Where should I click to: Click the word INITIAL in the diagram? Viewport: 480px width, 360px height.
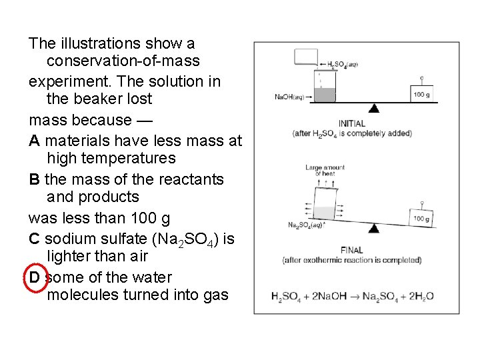[x=351, y=123]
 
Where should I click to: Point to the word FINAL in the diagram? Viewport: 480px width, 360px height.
[x=351, y=250]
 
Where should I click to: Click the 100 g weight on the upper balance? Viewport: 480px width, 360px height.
[x=421, y=94]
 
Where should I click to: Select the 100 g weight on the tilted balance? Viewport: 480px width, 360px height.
[x=421, y=218]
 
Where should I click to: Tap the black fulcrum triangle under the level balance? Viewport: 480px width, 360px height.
[x=374, y=108]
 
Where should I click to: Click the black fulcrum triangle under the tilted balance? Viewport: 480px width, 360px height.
[x=374, y=229]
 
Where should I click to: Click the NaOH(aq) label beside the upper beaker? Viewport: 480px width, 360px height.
[x=289, y=97]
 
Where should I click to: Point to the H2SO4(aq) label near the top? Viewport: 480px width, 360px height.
[x=343, y=65]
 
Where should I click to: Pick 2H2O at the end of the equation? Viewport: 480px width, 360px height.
[x=420, y=296]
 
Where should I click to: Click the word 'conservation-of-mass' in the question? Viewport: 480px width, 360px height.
[x=123, y=61]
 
